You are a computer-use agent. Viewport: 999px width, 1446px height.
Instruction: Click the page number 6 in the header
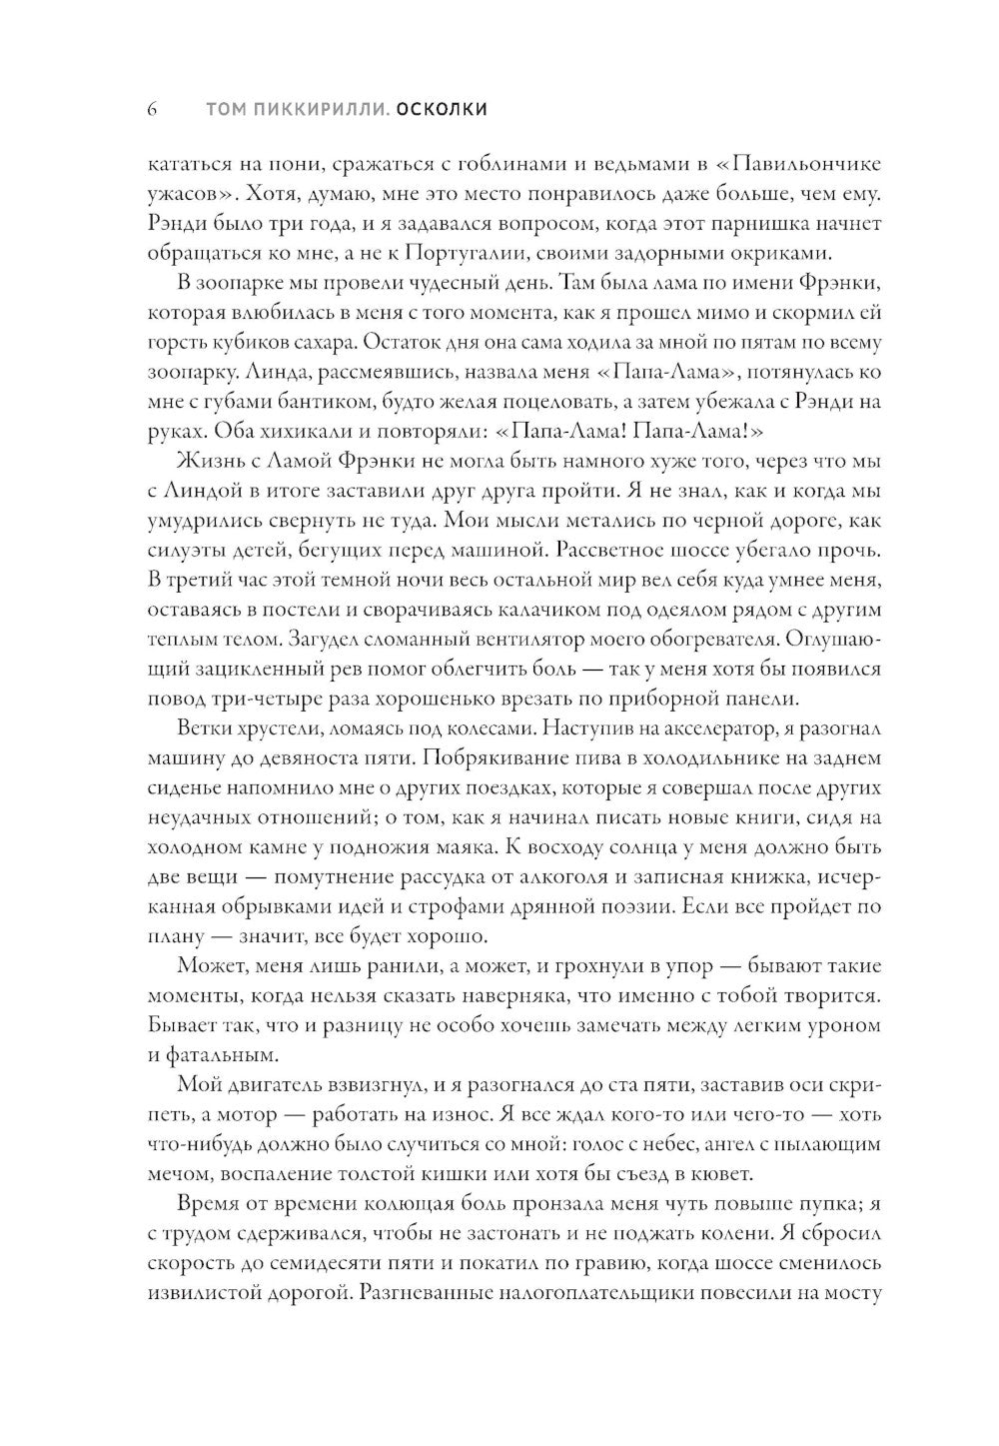[x=152, y=109]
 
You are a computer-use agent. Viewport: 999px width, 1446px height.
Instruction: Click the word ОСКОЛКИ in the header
[x=441, y=109]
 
